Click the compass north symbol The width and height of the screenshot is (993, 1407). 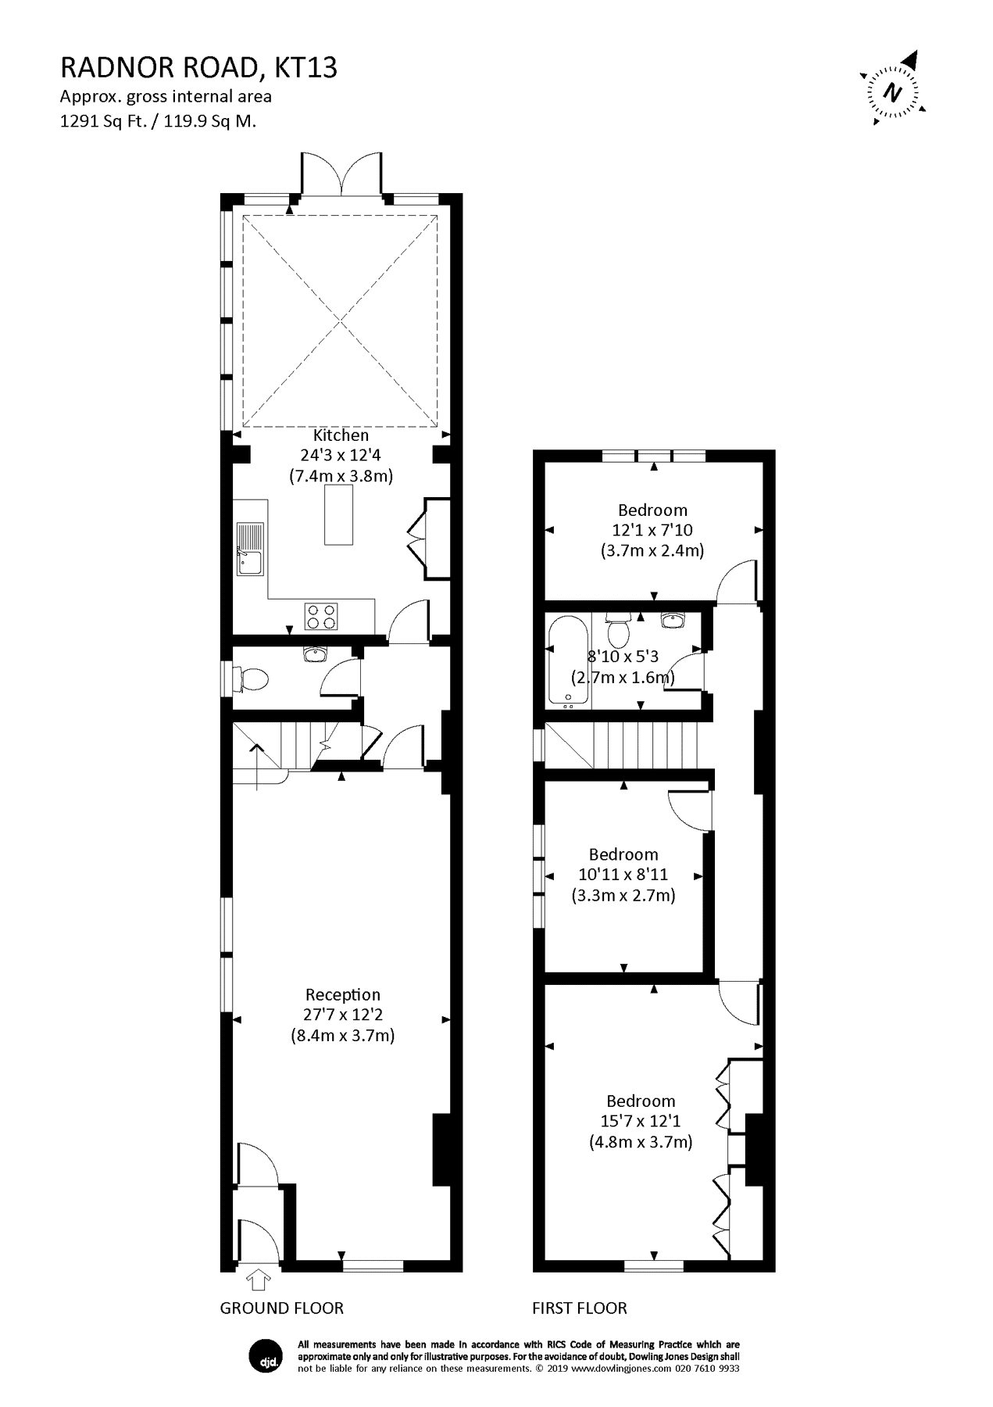894,91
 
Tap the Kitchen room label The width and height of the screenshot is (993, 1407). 341,435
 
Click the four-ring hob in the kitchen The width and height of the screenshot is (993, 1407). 321,616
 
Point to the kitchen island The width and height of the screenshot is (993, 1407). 338,514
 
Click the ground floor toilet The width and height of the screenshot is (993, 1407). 252,678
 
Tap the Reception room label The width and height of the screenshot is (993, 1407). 342,994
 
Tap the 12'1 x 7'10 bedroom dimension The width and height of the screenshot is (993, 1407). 652,530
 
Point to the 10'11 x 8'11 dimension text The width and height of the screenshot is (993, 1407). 623,875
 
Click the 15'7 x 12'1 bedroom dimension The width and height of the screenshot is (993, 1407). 640,1121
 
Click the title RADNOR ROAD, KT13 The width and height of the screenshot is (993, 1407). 198,69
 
